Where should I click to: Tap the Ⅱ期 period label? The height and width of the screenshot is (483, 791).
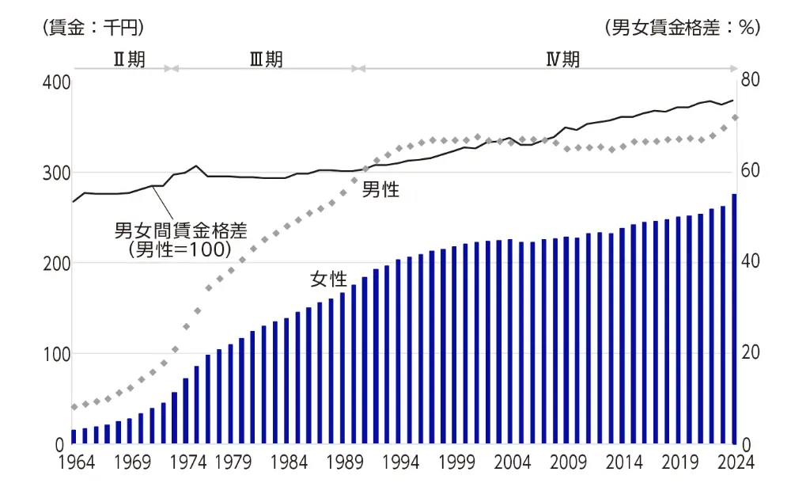[x=129, y=60]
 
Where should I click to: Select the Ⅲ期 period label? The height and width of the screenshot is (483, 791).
[x=266, y=60]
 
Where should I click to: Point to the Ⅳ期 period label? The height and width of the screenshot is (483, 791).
[x=562, y=60]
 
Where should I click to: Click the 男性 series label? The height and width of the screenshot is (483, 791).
[x=380, y=190]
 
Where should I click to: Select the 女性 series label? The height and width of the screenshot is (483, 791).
[x=328, y=279]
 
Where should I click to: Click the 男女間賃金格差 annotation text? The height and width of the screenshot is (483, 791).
[x=181, y=231]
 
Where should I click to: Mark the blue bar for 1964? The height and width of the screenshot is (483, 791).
[x=74, y=436]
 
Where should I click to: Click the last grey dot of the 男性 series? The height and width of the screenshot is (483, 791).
[x=735, y=118]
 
